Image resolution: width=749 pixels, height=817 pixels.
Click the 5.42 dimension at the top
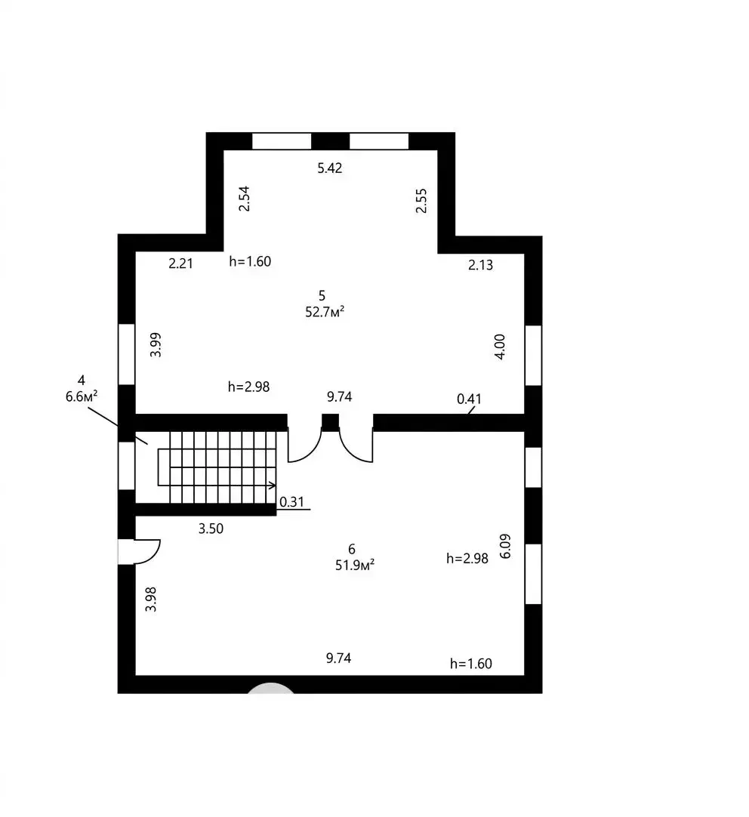(x=330, y=168)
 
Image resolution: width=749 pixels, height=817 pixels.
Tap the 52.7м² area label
(x=325, y=312)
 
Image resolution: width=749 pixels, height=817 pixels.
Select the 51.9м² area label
(x=355, y=566)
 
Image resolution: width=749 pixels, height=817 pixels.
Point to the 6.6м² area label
(x=82, y=397)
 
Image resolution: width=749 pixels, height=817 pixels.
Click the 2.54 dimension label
(x=244, y=199)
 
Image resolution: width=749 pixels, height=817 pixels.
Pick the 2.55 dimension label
(x=421, y=201)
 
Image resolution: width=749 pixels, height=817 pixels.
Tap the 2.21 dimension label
(x=180, y=264)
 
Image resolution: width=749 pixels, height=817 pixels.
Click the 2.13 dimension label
(x=480, y=265)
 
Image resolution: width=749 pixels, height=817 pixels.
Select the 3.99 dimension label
(x=156, y=345)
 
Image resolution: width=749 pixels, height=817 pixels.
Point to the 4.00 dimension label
(x=499, y=347)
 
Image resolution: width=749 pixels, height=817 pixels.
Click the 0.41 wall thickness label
(x=469, y=399)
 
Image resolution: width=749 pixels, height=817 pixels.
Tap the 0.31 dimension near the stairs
(x=291, y=502)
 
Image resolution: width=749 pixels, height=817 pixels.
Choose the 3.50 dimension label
(x=211, y=529)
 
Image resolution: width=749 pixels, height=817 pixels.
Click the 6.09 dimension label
(x=504, y=546)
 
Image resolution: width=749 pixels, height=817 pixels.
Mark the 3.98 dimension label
(x=150, y=600)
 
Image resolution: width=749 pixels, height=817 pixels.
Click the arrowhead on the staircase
(x=273, y=486)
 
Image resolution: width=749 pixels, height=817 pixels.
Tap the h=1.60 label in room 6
(x=471, y=664)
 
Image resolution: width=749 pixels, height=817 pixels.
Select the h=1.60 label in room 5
(x=250, y=261)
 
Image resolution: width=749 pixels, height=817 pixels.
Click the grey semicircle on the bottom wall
(x=271, y=689)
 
